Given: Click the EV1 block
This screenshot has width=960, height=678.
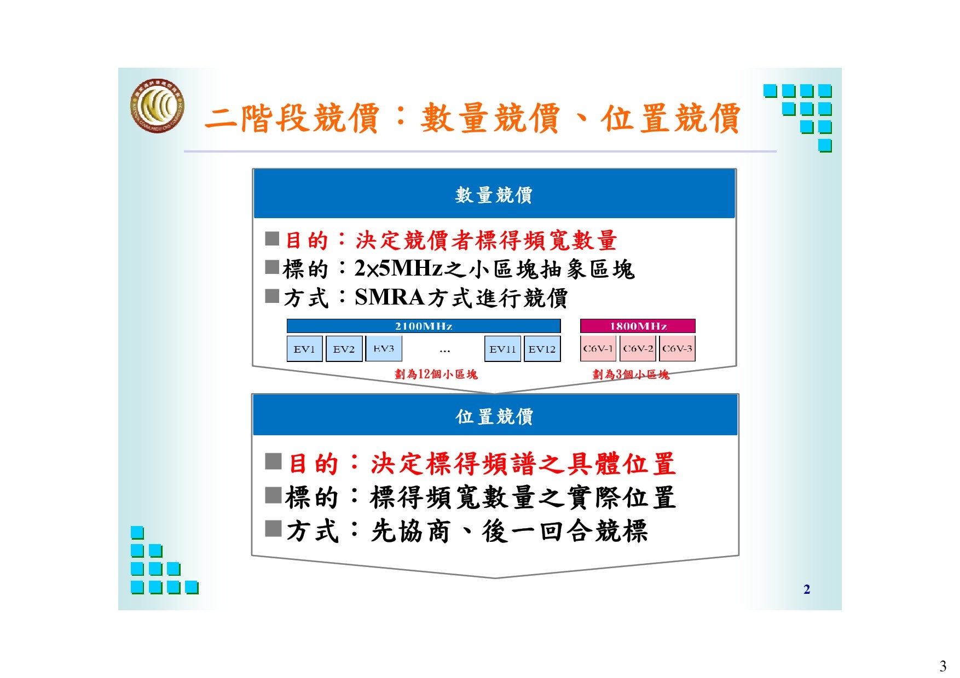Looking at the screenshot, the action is pyautogui.click(x=305, y=349).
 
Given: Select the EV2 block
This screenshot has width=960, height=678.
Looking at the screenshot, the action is pyautogui.click(x=344, y=349).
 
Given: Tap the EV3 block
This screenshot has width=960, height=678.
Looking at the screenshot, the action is pyautogui.click(x=384, y=348).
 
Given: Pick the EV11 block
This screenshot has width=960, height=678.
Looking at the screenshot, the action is pyautogui.click(x=502, y=349).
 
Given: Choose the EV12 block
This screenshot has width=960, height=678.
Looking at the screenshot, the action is pyautogui.click(x=542, y=349).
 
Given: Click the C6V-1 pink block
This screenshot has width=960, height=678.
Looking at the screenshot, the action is pyautogui.click(x=598, y=348).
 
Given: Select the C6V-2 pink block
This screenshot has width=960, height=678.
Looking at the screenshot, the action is pyautogui.click(x=638, y=348).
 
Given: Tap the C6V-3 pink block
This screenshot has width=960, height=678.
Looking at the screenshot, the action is pyautogui.click(x=677, y=348).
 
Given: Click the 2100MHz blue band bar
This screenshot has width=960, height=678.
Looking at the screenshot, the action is pyautogui.click(x=424, y=326).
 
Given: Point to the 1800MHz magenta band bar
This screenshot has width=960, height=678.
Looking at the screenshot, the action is pyautogui.click(x=638, y=326).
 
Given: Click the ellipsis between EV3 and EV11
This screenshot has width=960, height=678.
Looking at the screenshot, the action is pyautogui.click(x=444, y=350).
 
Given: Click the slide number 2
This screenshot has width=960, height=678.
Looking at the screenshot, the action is pyautogui.click(x=807, y=589).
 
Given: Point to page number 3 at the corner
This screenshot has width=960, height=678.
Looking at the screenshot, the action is pyautogui.click(x=942, y=665).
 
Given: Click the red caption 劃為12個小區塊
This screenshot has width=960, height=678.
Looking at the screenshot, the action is pyautogui.click(x=436, y=374).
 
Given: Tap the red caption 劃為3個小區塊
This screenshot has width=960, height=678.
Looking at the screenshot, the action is pyautogui.click(x=631, y=374).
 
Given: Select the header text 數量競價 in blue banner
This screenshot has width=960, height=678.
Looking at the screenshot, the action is pyautogui.click(x=494, y=195).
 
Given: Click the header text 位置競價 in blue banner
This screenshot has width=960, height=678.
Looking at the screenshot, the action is pyautogui.click(x=494, y=416).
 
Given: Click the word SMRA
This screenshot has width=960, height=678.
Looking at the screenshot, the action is pyautogui.click(x=390, y=297).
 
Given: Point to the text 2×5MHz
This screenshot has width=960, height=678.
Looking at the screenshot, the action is pyautogui.click(x=398, y=268).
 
